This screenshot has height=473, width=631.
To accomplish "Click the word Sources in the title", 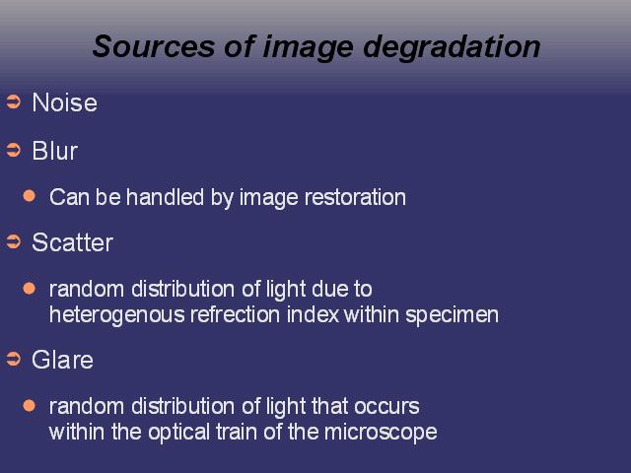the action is point(154,46).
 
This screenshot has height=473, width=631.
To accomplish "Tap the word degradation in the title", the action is point(452,47).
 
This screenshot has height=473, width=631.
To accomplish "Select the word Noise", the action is point(64,102).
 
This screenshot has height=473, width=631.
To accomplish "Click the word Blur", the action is point(55,151).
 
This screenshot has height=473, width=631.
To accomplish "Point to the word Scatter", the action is point(72,242).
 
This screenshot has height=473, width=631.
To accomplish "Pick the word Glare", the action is point(62,359).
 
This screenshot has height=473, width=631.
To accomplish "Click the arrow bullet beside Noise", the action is point(13,101).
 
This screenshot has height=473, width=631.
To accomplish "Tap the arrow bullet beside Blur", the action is point(13,150).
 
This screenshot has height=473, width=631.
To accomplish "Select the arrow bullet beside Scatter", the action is point(13,241).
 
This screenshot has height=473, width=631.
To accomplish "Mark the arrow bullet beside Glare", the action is point(13,359).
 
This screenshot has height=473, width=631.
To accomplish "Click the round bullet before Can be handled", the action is point(30,196).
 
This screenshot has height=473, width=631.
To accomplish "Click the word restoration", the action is point(355,197).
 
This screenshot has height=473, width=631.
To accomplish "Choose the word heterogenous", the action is point(116,315).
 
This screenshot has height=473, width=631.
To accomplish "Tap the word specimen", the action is point(452,315).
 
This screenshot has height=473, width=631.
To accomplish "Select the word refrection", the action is point(236,314).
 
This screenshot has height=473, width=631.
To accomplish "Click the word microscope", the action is point(381,433).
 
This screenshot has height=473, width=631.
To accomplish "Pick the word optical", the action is point(178,433).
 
